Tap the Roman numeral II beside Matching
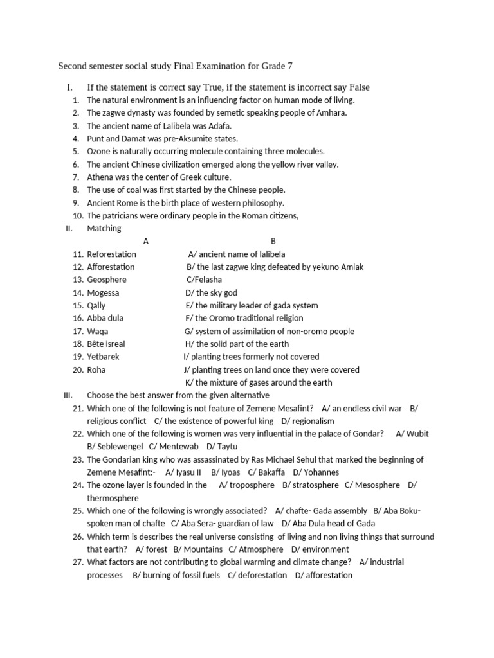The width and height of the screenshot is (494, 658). click(69, 228)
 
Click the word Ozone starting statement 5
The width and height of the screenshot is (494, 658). click(99, 152)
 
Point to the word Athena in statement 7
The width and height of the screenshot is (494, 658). click(100, 177)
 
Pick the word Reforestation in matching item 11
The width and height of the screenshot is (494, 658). click(112, 254)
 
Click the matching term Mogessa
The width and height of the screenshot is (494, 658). click(103, 292)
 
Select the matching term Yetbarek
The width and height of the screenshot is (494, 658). click(103, 357)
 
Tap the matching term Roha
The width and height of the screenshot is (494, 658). click(96, 369)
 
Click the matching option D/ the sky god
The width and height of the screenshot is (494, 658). click(211, 292)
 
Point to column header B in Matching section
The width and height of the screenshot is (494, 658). click(273, 241)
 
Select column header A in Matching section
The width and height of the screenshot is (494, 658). click(146, 241)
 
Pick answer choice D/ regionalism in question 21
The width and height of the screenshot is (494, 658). click(308, 421)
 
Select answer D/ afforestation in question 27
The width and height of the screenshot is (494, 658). click(324, 575)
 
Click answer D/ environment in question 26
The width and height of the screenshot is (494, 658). click(320, 549)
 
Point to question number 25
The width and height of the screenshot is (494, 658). click(78, 511)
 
